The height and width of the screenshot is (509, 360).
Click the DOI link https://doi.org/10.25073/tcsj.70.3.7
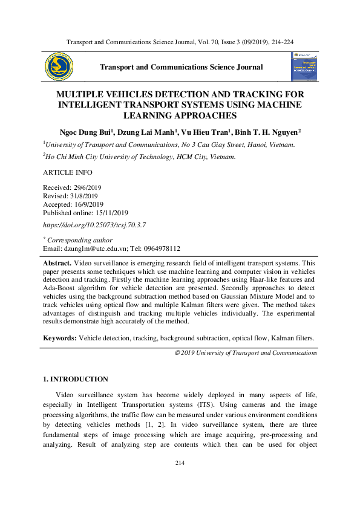(94, 225)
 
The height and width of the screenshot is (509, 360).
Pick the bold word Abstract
(57, 264)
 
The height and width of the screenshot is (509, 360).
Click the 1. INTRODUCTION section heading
(76, 379)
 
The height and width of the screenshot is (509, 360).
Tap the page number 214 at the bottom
(180, 463)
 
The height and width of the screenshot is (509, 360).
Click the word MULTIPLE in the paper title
(82, 95)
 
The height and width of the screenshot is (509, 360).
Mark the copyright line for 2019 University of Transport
(245, 352)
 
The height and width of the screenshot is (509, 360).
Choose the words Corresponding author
(80, 240)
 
